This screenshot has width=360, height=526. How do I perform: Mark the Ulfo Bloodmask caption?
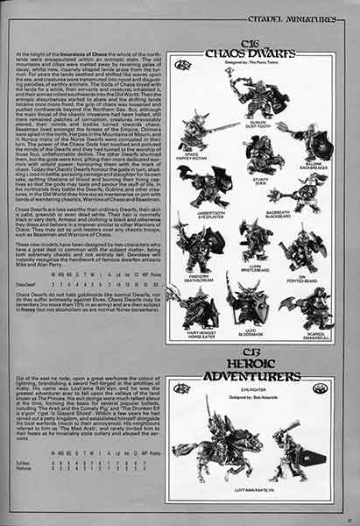[251, 331]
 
